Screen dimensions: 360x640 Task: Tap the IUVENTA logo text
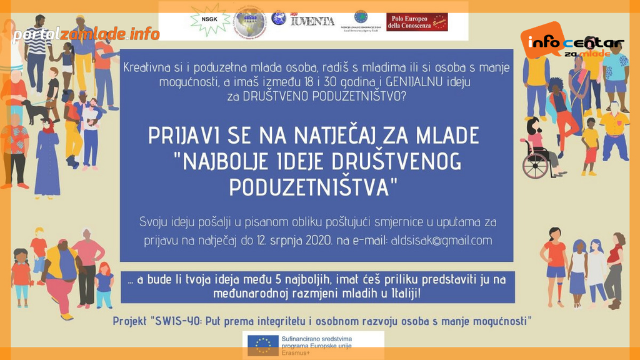[312, 21]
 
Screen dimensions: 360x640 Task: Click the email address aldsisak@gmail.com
[441, 241]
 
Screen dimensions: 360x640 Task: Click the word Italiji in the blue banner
[398, 292]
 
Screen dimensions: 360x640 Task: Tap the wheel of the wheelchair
[534, 166]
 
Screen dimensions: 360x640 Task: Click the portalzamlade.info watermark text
[86, 34]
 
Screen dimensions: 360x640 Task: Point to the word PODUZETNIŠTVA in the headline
[314, 186]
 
